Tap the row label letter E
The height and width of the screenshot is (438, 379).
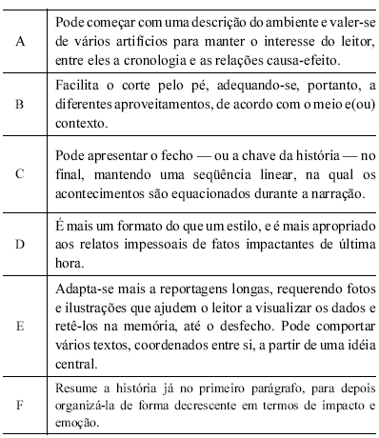21,323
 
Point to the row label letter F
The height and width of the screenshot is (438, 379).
21,404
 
